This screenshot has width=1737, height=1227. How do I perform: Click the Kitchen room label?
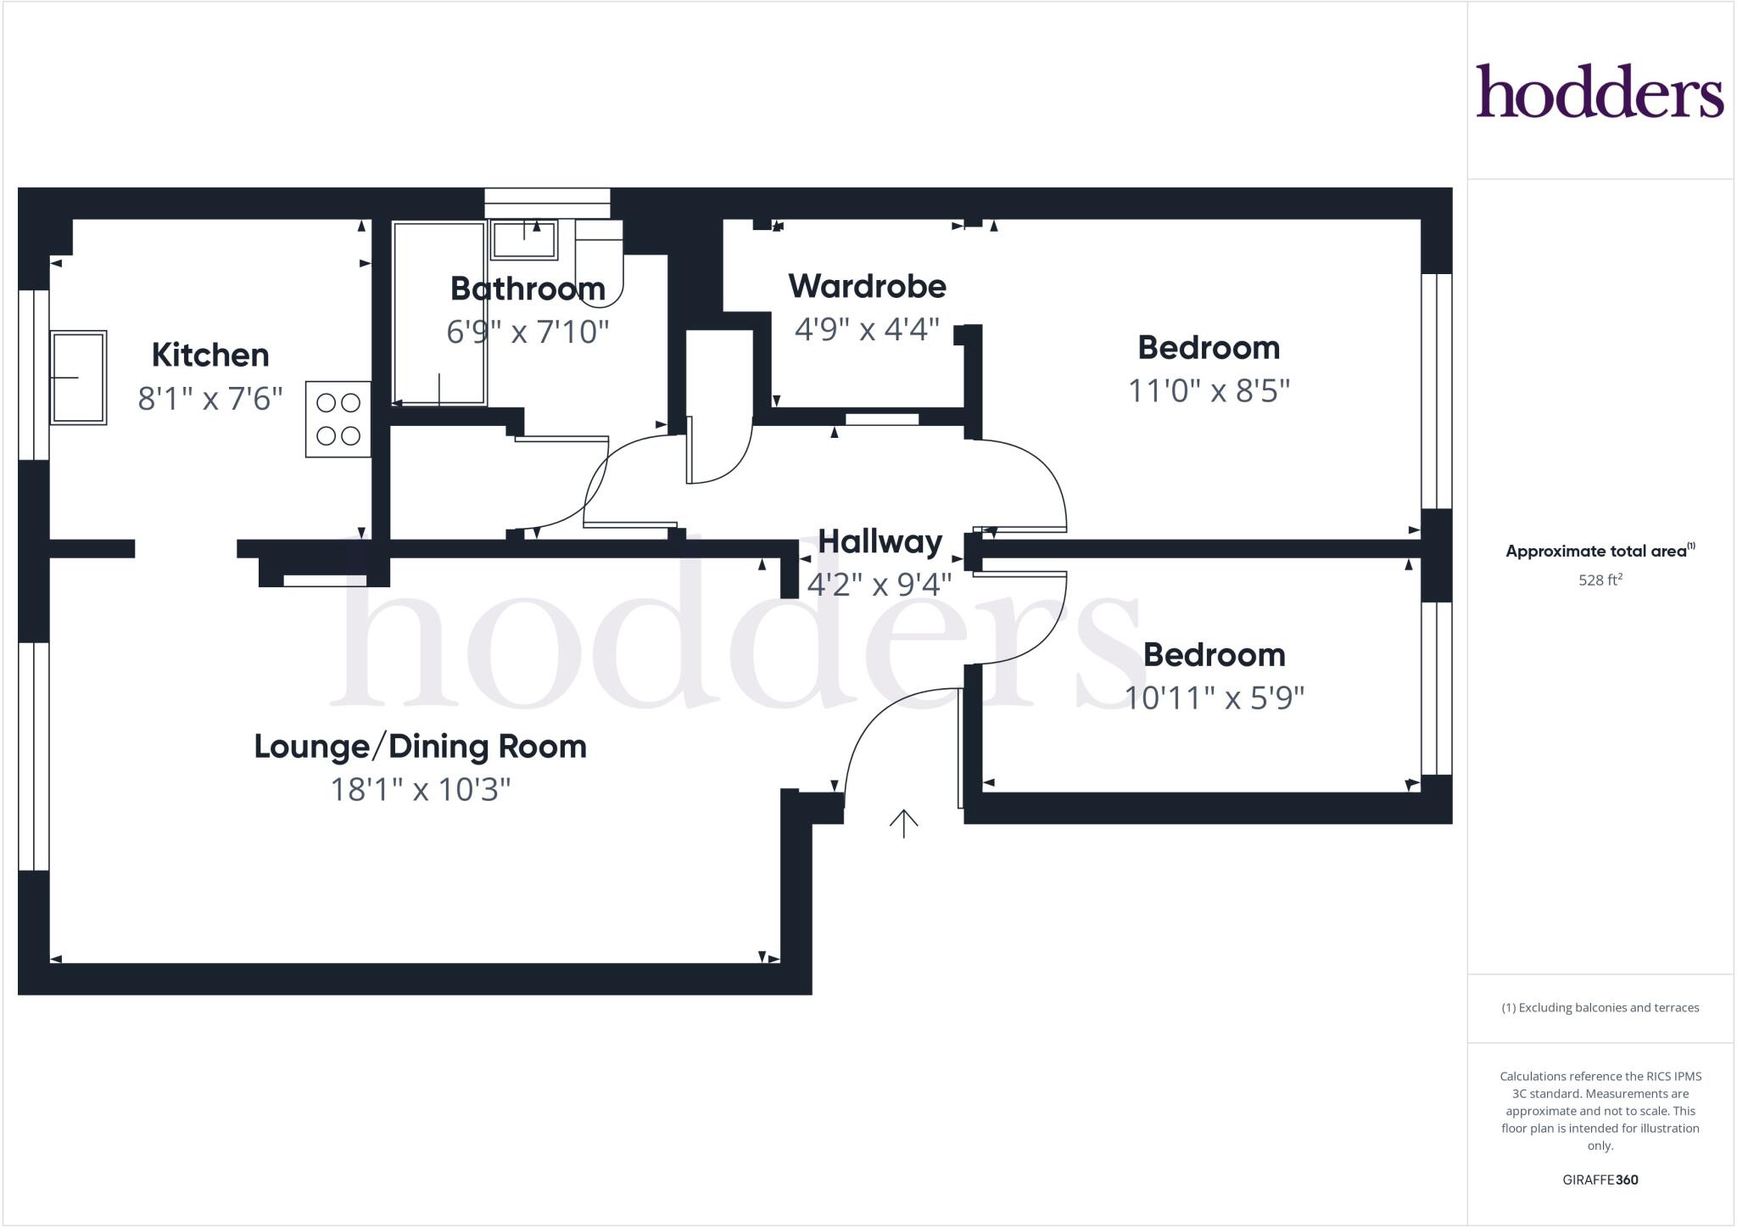click(210, 355)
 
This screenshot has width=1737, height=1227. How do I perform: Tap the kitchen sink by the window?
click(78, 377)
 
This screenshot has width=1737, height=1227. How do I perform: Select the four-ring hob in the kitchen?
click(338, 419)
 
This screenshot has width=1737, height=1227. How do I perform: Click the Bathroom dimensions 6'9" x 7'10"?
click(528, 332)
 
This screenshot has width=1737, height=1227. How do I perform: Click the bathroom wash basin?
click(524, 239)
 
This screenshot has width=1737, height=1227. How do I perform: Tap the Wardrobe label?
click(867, 286)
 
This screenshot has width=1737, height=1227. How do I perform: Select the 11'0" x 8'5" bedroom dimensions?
click(1209, 391)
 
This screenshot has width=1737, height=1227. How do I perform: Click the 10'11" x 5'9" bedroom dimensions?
click(1214, 698)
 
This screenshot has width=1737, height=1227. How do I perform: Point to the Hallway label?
click(880, 542)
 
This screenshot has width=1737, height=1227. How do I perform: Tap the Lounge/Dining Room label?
click(420, 747)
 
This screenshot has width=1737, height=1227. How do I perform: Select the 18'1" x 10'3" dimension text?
click(420, 790)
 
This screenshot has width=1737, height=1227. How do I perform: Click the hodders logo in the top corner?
click(1600, 92)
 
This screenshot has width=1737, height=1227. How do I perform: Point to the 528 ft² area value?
click(1600, 580)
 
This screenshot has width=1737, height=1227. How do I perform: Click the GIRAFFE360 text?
click(1600, 1179)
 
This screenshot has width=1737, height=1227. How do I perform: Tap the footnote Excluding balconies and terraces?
click(1600, 1008)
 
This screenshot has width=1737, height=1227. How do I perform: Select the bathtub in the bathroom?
click(439, 312)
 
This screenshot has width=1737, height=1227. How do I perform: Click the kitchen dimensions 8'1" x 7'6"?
click(210, 398)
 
